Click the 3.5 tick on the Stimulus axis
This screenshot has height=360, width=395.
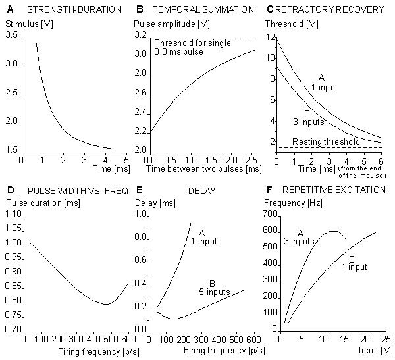tap(13, 34)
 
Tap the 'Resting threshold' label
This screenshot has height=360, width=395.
tap(317, 142)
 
